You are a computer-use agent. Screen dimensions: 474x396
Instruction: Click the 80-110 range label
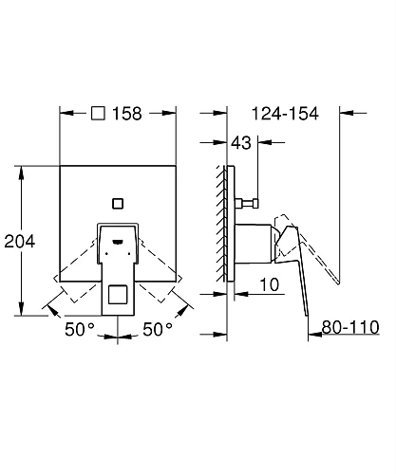pos(349,327)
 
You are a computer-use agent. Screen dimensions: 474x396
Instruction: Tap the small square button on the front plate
pos(117,202)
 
